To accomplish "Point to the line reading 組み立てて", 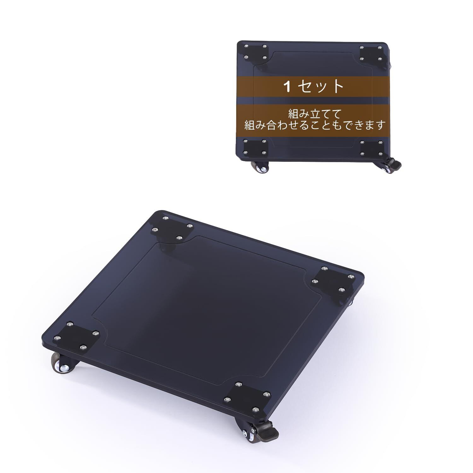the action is (x=315, y=113).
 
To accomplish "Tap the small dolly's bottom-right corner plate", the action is (x=373, y=149).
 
